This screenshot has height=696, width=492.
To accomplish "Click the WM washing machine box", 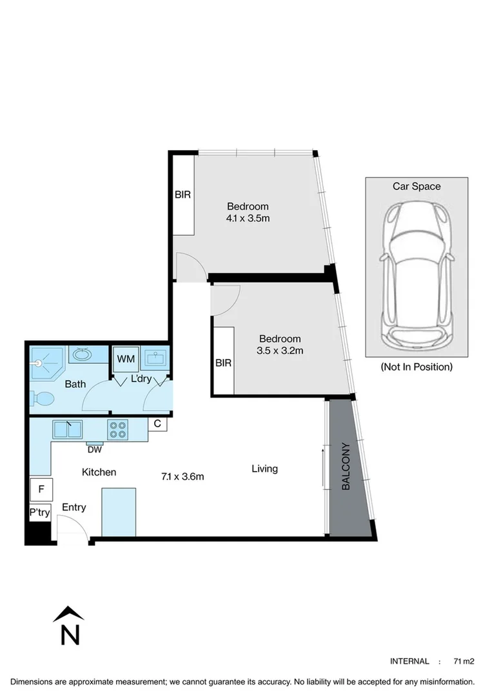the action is (x=126, y=359).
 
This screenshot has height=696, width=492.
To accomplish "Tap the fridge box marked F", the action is (x=41, y=489).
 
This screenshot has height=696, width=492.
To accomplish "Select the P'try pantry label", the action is (x=40, y=513).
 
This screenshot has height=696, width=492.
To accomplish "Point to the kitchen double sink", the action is (x=67, y=429).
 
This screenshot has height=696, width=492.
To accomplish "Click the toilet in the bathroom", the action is (x=42, y=399).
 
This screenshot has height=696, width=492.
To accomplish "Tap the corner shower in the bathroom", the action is (x=48, y=363).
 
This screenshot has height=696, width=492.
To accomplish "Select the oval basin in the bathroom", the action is (x=82, y=354).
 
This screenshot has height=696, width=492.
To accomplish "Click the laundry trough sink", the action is (x=155, y=358).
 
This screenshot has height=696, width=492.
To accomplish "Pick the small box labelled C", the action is (x=157, y=424).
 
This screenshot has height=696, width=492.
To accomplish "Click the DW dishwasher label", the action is (x=95, y=450).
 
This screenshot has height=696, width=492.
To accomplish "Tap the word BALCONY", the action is (x=346, y=466).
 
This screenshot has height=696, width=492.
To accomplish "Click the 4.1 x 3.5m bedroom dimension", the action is (x=248, y=218).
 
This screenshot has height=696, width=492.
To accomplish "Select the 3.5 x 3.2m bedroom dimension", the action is (x=280, y=351).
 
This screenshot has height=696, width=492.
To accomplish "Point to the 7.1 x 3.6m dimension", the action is (x=182, y=477).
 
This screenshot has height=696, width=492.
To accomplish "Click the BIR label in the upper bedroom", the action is (x=182, y=195).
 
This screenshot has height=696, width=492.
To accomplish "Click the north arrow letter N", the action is (x=70, y=635).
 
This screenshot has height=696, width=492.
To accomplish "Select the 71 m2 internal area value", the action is (x=464, y=661).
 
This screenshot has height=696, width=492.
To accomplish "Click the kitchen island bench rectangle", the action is (x=119, y=512).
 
